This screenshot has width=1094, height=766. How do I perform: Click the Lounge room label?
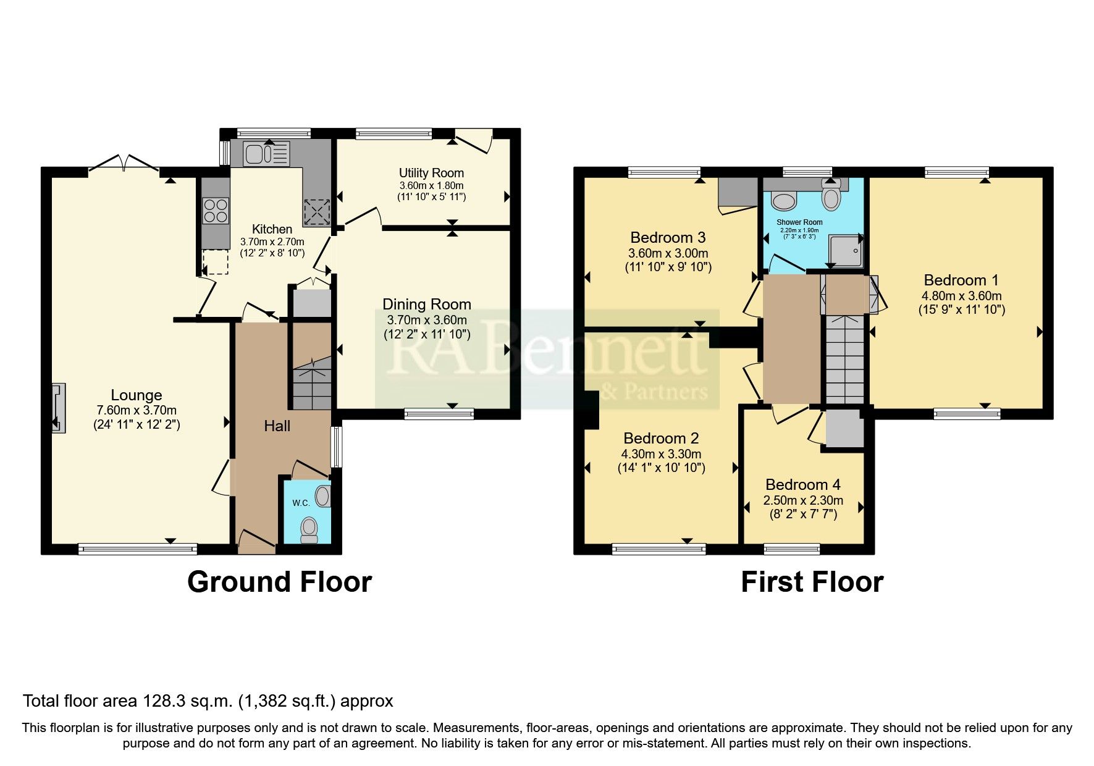click(x=137, y=395)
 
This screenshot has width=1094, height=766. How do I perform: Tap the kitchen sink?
click(x=266, y=153)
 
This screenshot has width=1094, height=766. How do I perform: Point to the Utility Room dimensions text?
click(x=431, y=191)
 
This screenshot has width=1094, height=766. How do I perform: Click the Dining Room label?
click(x=427, y=305)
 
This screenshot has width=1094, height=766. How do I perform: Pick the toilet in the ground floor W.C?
click(x=308, y=529)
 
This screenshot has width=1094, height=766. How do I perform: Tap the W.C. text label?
click(x=301, y=503)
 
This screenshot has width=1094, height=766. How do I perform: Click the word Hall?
click(x=277, y=426)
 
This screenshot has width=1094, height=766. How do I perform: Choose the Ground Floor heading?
click(x=279, y=582)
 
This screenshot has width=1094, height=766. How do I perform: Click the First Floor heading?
click(x=812, y=582)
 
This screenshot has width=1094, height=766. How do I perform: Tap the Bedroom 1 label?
click(x=961, y=280)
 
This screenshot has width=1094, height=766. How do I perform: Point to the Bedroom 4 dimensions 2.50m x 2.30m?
click(x=804, y=500)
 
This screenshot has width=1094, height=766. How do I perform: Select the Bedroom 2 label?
click(x=661, y=439)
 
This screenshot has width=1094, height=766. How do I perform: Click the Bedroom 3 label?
click(x=668, y=238)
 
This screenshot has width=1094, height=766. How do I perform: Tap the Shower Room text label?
click(x=799, y=222)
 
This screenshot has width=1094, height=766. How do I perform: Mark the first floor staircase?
click(x=844, y=359)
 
